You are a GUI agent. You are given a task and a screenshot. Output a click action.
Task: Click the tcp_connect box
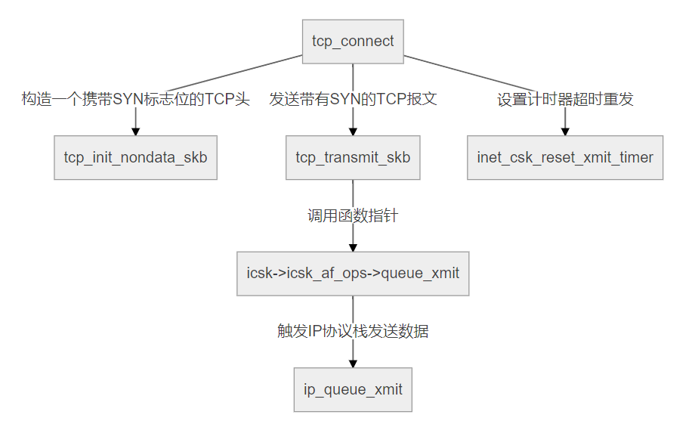tap(353, 42)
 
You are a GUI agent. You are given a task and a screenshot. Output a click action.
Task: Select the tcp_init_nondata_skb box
tap(136, 157)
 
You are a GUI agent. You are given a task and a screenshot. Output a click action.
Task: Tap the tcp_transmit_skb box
tap(353, 157)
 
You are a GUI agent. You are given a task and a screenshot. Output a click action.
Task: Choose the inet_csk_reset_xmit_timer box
tap(565, 157)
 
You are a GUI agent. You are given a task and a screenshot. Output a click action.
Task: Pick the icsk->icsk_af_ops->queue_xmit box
tap(353, 274)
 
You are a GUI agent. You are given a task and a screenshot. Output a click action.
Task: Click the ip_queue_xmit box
tap(353, 390)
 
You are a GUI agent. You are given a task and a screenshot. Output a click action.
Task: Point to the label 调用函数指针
tap(353, 216)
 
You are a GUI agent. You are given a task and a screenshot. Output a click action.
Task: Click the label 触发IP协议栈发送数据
tap(353, 331)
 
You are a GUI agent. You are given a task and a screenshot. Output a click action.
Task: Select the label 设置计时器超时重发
tap(565, 99)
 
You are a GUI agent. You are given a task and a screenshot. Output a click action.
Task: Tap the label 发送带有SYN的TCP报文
tap(353, 99)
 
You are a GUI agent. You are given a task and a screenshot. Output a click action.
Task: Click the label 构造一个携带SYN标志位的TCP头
tap(136, 99)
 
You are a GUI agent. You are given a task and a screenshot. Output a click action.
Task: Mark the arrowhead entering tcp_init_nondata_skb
tap(136, 132)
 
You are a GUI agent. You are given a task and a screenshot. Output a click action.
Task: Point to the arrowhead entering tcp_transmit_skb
tap(353, 132)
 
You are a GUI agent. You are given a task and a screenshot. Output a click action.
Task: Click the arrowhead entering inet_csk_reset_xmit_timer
tap(565, 132)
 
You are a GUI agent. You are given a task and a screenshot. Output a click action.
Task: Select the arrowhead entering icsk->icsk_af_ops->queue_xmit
tap(353, 248)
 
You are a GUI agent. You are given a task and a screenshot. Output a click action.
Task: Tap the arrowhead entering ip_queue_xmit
tap(353, 364)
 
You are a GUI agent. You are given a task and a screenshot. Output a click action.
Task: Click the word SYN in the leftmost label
tap(128, 99)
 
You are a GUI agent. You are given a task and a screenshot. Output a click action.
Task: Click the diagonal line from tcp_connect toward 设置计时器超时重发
tap(471, 73)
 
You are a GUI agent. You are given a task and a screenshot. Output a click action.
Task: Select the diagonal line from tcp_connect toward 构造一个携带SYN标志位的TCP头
tap(234, 73)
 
